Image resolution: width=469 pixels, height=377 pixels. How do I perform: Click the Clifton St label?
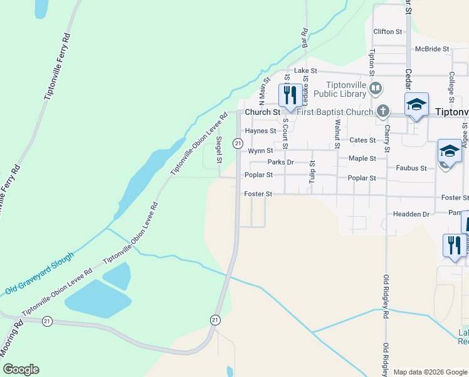(387, 31)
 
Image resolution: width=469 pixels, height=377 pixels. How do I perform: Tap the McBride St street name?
(432, 49)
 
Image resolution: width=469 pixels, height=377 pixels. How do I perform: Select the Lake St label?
(306, 71)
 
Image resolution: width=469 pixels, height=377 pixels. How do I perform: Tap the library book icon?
(376, 88)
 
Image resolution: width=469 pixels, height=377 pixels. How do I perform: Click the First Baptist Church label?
(335, 112)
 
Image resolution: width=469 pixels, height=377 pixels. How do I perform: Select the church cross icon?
(383, 111)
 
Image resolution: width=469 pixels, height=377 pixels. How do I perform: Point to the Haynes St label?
(260, 131)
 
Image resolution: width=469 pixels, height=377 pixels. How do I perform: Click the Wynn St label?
(260, 151)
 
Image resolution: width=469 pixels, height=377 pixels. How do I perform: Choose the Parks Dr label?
(280, 162)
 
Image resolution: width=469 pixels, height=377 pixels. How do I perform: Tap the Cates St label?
(362, 140)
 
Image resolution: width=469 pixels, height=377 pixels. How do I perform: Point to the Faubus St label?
(411, 168)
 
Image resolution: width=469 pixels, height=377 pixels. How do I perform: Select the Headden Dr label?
(411, 214)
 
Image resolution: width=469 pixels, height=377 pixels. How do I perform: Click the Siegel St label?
(219, 150)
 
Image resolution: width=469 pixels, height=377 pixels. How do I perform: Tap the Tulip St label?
(312, 172)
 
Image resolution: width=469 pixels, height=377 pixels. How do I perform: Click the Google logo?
(20, 369)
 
